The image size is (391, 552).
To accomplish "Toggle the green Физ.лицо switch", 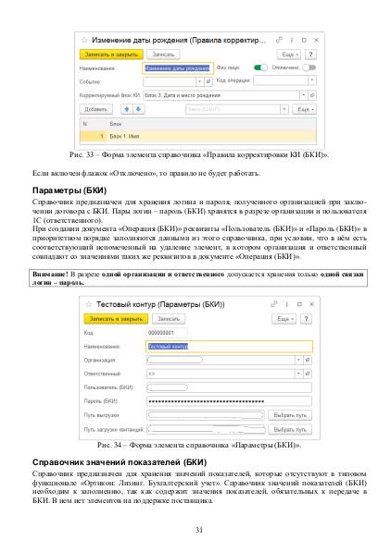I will pyautogui.click(x=262, y=67).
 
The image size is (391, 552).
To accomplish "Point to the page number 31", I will pyautogui.click(x=195, y=529).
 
